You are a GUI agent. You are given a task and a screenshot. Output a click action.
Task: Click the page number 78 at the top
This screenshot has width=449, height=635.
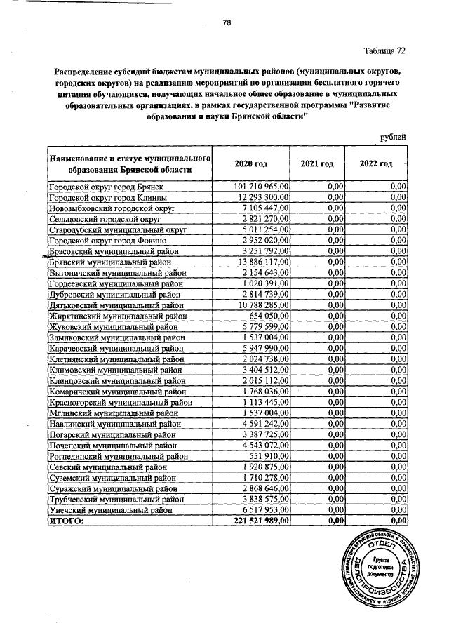227,22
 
